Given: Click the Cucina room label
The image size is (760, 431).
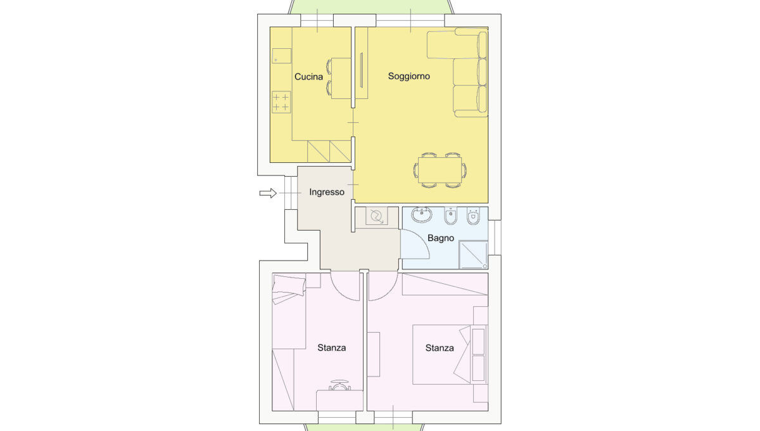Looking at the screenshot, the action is coord(308,77).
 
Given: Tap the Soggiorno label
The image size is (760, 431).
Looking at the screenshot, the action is coord(409,76).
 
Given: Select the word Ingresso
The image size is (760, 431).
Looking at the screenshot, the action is coord(327,192).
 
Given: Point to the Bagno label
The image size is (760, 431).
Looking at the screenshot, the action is coord(441,238).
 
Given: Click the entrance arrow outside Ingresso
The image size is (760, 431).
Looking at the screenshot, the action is coord(268,193).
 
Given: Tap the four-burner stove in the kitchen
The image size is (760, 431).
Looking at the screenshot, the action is coord(281,102).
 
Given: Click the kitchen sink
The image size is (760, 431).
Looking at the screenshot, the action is coord(282,56).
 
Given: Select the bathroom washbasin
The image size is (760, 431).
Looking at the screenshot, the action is coord(422,215).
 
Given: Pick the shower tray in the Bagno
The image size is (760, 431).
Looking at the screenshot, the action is coord(473,255).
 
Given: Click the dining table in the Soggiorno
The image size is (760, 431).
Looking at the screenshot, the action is coord(440,170).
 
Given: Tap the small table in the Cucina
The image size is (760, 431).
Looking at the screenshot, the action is coord(341,78).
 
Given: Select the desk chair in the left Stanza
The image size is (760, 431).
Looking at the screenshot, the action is coord(339,385).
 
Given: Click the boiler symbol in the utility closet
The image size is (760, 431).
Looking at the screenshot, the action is coord(377,216).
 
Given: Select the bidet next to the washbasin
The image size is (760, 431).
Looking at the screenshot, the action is coord(451,216).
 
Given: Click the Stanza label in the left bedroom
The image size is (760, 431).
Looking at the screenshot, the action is coord(331,347).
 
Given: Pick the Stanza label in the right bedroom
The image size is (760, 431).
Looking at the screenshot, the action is coord(440,348).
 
